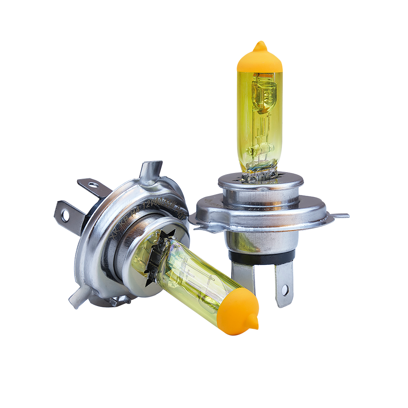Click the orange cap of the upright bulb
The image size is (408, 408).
[x=260, y=61]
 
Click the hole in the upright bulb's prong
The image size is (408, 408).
[x=284, y=290]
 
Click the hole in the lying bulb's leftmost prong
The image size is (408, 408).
[x=65, y=216]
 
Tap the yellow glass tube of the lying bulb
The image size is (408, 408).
[x=192, y=277]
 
